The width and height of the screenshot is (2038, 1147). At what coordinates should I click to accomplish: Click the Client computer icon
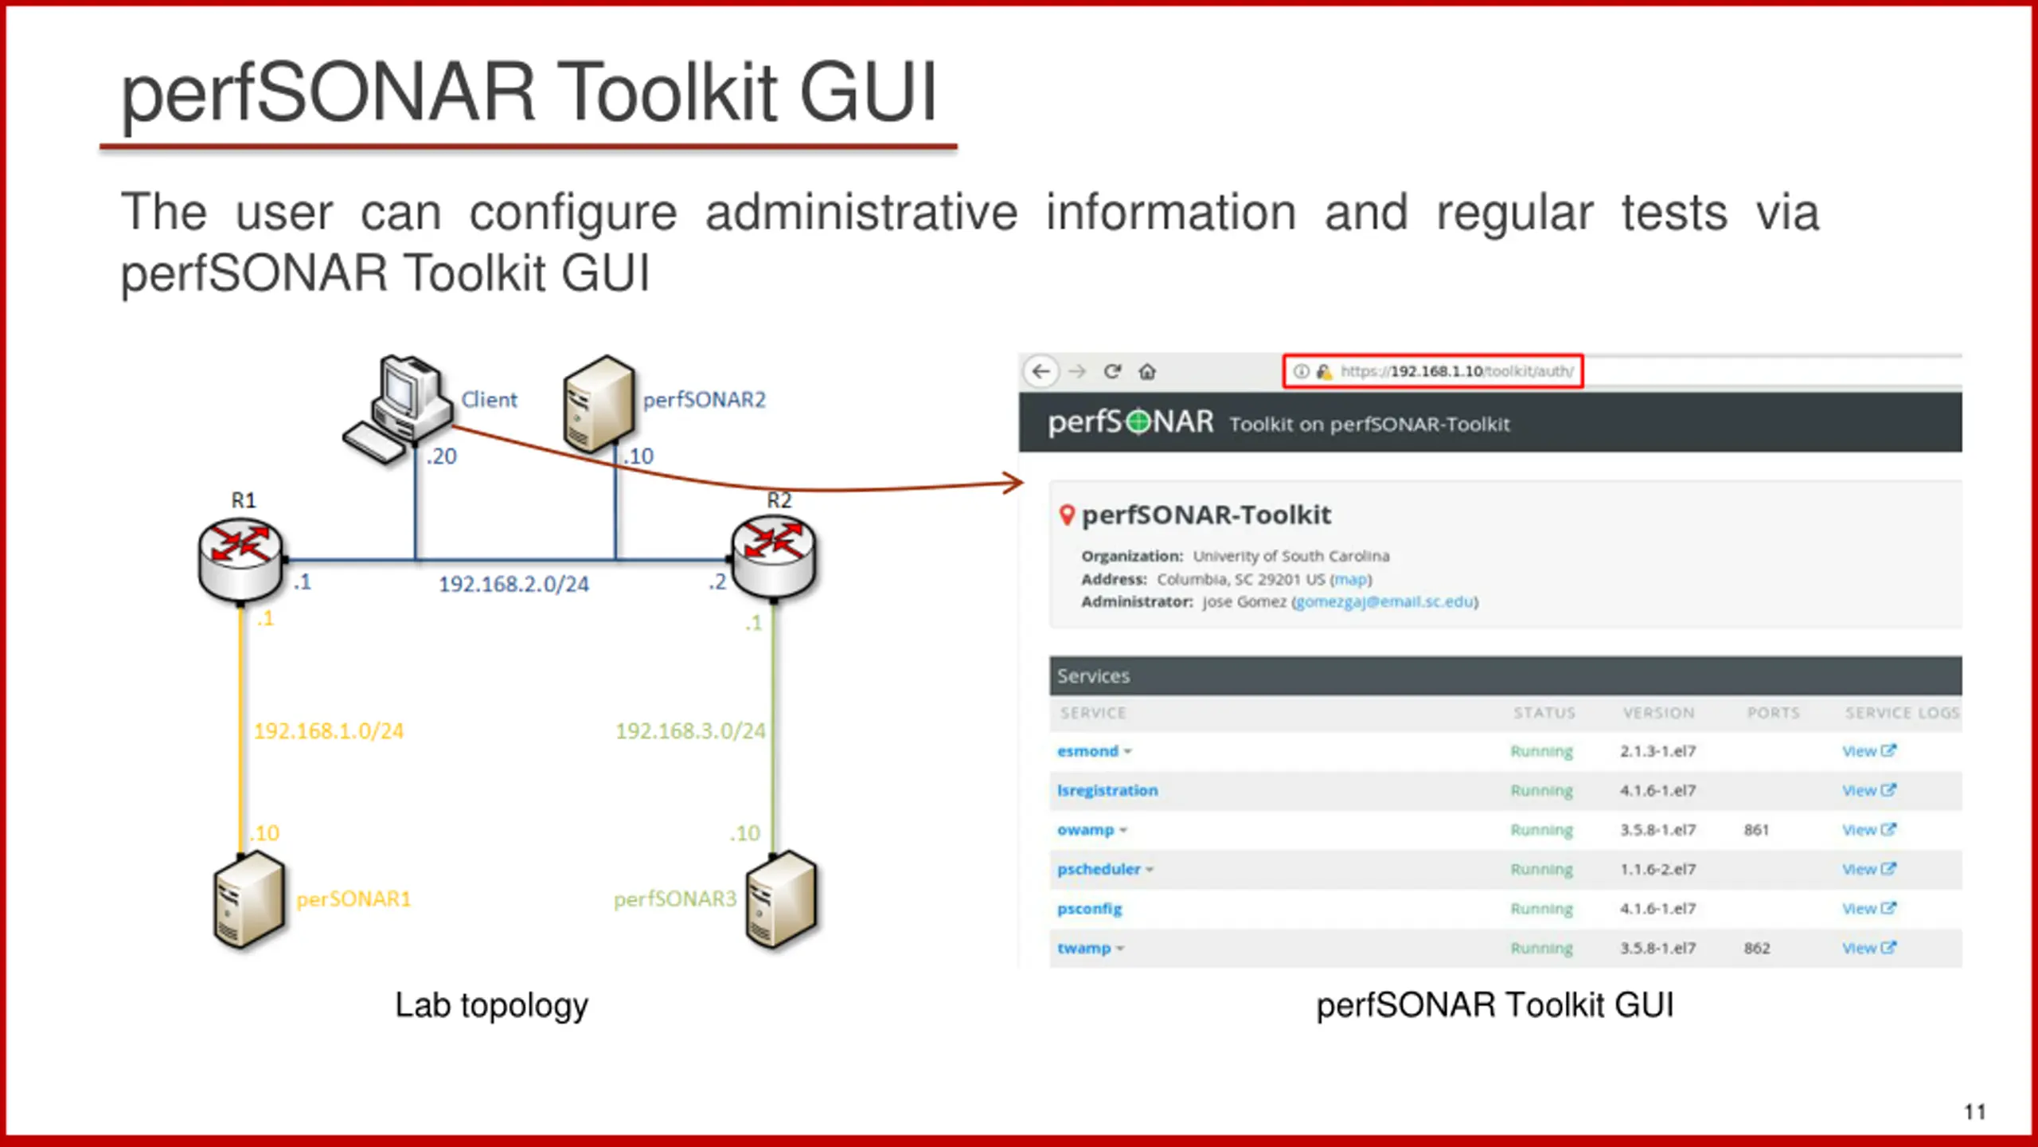coord(396,409)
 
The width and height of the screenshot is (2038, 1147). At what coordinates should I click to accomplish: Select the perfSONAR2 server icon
coord(599,402)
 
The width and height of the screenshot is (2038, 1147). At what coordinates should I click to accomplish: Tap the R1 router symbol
coord(240,558)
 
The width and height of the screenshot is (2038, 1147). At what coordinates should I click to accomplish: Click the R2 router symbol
coord(774,555)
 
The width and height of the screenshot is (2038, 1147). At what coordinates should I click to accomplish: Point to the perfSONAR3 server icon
coord(781,899)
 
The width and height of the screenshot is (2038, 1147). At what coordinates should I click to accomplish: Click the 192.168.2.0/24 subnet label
coord(513,585)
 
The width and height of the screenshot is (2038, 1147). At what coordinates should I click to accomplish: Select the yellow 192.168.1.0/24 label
coord(329,731)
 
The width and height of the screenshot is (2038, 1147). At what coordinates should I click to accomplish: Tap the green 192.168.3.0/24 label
coord(690,731)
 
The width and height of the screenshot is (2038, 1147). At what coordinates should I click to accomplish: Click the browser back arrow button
coord(1041,372)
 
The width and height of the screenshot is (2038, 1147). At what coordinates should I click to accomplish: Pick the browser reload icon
coord(1112,372)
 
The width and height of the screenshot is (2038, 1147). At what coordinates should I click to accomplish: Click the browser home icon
coord(1147,372)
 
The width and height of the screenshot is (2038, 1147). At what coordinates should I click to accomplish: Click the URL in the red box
coord(1456,372)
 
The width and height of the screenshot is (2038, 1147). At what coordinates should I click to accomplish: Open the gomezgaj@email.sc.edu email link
coord(1384,602)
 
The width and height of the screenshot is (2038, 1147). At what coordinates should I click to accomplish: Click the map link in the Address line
coord(1350,580)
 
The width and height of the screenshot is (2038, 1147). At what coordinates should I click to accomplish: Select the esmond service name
coord(1087,751)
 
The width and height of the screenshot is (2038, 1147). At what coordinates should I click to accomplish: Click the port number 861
coord(1756,830)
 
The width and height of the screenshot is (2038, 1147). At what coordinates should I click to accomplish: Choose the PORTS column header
coord(1773,713)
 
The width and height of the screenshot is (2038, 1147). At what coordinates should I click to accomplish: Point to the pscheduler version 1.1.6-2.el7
coord(1657,869)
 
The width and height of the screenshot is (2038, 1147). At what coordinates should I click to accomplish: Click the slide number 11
coord(1974,1112)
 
